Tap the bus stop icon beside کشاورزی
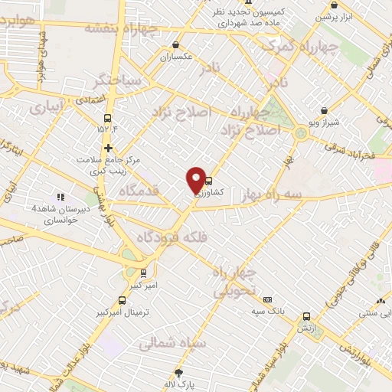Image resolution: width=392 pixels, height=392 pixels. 208,181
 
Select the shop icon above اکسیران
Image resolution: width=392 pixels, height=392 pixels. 178,44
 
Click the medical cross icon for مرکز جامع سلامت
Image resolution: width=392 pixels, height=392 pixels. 108,148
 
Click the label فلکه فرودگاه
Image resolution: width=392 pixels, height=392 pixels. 172,238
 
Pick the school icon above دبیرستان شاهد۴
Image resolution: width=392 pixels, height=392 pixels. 60,198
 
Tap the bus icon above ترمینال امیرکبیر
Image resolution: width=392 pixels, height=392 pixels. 121,300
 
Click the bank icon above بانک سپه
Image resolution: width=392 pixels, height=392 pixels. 267,299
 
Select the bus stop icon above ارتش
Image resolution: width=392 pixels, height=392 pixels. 307,315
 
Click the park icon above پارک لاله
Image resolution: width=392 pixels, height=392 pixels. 180,373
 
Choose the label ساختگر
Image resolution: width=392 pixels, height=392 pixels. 116,79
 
